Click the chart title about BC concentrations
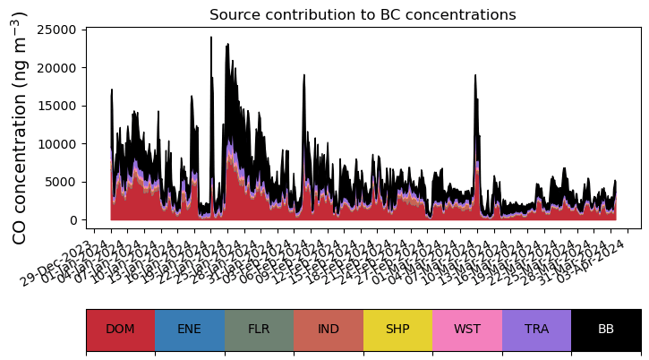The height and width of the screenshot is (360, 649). [363, 15]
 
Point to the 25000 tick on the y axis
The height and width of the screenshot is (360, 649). [60, 30]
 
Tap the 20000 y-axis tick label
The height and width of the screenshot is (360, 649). [60, 68]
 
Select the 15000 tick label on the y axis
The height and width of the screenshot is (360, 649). [60, 106]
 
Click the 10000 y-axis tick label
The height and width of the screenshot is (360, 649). [60, 144]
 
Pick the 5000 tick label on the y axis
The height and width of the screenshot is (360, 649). [64, 182]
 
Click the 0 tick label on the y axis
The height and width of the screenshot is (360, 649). [75, 220]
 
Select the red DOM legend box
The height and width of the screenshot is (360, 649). [120, 330]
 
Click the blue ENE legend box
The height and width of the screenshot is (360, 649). [190, 330]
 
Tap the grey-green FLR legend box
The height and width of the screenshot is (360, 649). [259, 330]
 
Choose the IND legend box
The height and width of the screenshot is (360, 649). [329, 330]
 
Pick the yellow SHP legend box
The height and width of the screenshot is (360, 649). [397, 330]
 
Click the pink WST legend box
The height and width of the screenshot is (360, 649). [467, 330]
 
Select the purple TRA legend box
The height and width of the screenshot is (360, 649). [536, 330]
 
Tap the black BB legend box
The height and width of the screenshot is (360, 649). [606, 330]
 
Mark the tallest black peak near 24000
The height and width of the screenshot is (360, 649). [211, 39]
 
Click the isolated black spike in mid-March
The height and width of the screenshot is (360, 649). [475, 77]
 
